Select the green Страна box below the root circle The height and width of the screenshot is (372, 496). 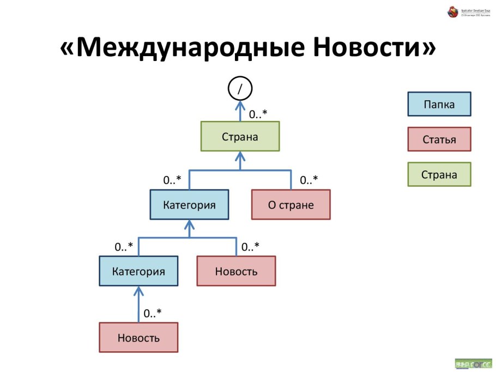click(240, 136)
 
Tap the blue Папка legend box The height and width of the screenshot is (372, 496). click(439, 104)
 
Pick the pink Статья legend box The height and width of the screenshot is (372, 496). click(439, 139)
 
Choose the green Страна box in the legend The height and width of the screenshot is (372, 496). click(439, 175)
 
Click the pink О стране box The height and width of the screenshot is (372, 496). click(291, 205)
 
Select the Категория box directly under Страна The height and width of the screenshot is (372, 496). click(189, 205)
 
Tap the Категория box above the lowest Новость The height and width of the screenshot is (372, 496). click(138, 271)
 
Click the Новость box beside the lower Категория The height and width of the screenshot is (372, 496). click(236, 271)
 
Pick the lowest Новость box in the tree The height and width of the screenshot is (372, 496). click(138, 337)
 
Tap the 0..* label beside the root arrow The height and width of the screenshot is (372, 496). click(258, 114)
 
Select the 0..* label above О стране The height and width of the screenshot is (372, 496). click(309, 180)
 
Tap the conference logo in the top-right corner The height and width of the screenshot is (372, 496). click(468, 11)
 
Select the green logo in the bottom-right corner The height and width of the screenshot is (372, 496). click(473, 363)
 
